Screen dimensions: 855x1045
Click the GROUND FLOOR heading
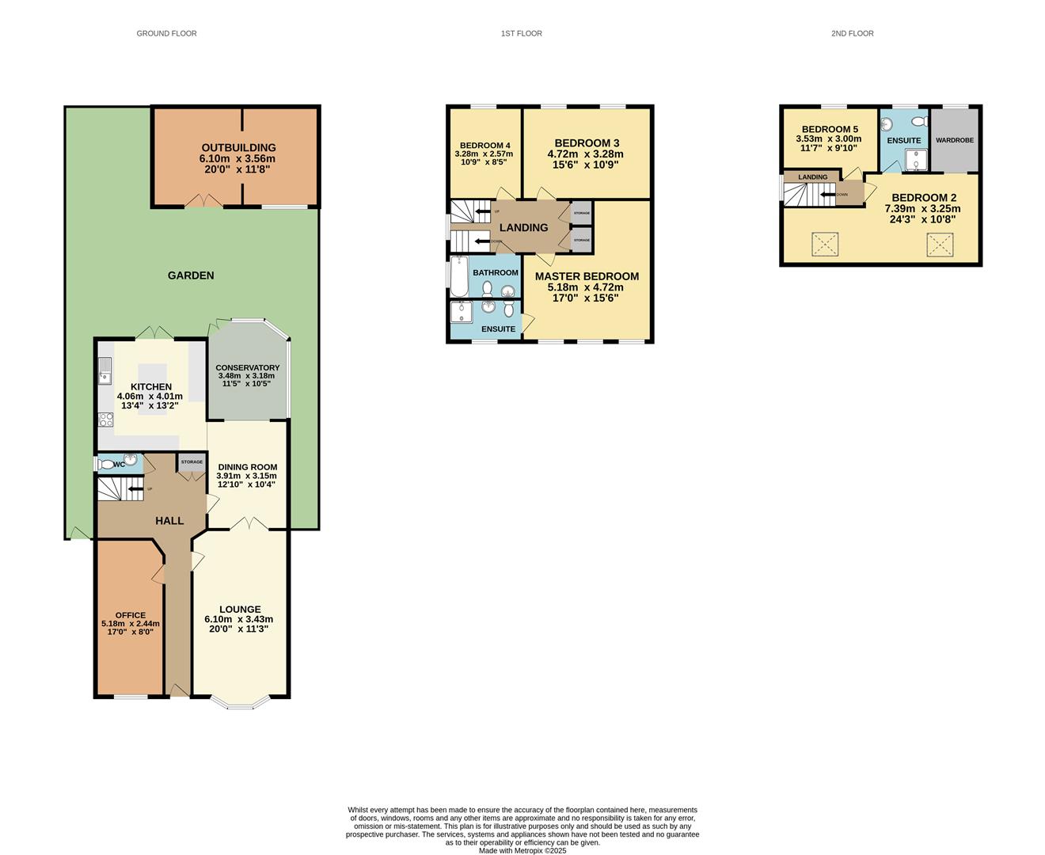pos(166,33)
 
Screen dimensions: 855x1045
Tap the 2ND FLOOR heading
pos(852,33)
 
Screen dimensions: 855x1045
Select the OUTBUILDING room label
pos(238,148)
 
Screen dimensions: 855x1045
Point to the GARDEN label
pos(191,275)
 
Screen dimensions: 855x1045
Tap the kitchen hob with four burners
pos(105,420)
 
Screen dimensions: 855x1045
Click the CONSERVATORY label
pos(247,368)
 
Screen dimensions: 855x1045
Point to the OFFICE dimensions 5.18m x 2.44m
pos(131,624)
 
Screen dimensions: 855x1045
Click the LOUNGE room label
pos(240,610)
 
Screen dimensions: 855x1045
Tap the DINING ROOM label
pos(247,467)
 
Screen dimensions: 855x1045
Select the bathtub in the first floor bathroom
pos(460,275)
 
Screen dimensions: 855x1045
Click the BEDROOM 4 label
pos(484,146)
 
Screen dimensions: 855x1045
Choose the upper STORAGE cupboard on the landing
pos(581,214)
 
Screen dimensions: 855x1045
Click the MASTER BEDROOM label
pos(587,276)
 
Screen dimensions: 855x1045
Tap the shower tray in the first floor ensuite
pos(461,313)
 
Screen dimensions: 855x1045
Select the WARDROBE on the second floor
pos(954,140)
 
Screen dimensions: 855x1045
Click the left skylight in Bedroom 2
pos(824,245)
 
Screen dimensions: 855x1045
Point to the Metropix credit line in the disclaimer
pos(522,851)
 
